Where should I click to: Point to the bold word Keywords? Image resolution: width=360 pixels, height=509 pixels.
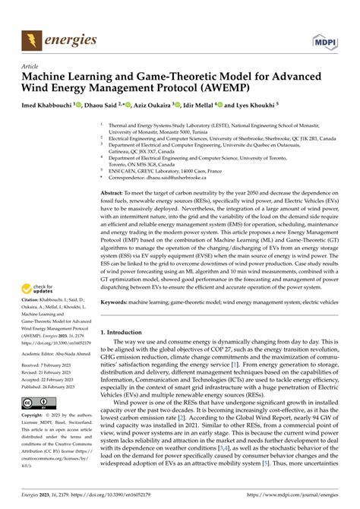(x=118, y=280)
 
